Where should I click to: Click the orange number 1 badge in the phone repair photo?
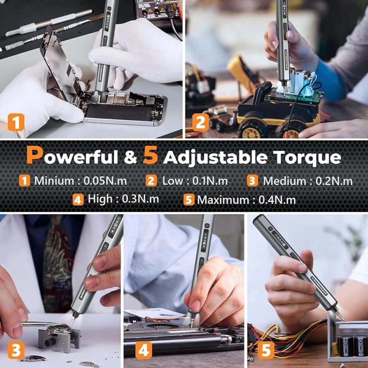[16, 123]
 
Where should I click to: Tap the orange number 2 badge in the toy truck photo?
[200, 123]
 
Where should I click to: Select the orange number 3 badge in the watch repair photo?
[16, 350]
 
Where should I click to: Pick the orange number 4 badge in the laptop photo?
[143, 350]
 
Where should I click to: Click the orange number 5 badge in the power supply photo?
[266, 350]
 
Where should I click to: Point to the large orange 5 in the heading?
[150, 155]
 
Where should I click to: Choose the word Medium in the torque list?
[284, 181]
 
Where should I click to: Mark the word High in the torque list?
[100, 199]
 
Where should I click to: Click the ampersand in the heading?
[130, 158]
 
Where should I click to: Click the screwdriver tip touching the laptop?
[191, 321]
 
